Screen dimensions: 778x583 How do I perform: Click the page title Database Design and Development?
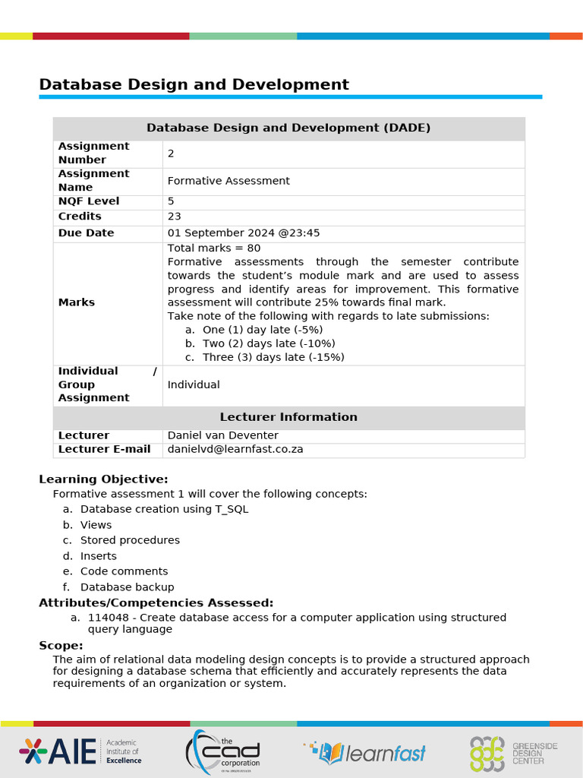[194, 84]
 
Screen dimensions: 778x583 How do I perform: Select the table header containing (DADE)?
[288, 128]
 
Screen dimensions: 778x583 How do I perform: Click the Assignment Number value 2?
[171, 153]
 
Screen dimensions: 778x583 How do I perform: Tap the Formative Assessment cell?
[228, 181]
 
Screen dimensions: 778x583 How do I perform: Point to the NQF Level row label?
[89, 201]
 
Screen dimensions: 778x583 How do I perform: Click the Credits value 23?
[175, 217]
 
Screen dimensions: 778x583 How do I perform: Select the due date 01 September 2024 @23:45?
[244, 233]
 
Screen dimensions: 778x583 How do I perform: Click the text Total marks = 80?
[214, 248]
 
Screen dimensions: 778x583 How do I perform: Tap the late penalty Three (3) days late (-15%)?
[273, 357]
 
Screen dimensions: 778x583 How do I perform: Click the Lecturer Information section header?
[288, 417]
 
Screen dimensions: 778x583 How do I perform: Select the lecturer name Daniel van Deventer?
[222, 435]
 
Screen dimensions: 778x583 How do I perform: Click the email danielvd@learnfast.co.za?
[235, 449]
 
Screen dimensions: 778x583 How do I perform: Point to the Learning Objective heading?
[103, 479]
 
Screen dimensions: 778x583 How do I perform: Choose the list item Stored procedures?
[130, 540]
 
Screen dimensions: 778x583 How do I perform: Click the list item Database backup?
[127, 587]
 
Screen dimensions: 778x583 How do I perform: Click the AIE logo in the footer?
[80, 751]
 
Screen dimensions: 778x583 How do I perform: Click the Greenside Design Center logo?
[512, 752]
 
